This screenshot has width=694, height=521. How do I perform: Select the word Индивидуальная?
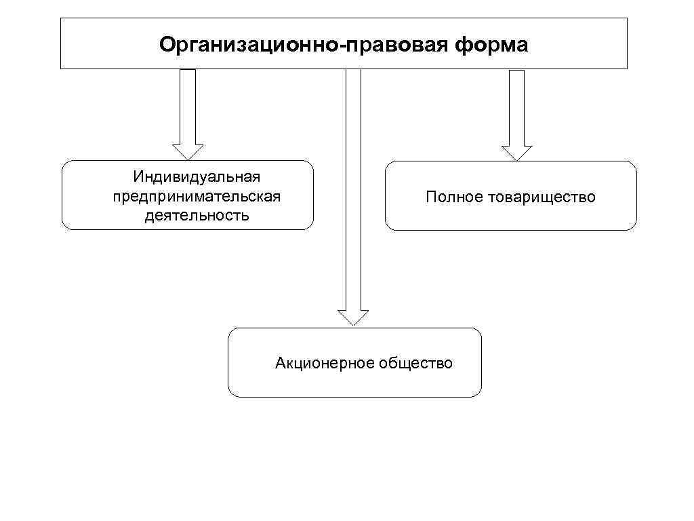point(197,177)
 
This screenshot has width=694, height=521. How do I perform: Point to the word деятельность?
point(197,216)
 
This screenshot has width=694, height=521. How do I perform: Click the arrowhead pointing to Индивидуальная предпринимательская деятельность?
point(188,151)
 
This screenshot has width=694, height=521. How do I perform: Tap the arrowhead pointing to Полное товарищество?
point(516,153)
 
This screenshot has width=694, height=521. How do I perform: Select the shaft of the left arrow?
point(188,105)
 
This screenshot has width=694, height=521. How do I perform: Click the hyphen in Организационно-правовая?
point(346,46)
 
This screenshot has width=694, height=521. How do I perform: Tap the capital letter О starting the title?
point(166,45)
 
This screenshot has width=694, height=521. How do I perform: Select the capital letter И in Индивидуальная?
point(138,177)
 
